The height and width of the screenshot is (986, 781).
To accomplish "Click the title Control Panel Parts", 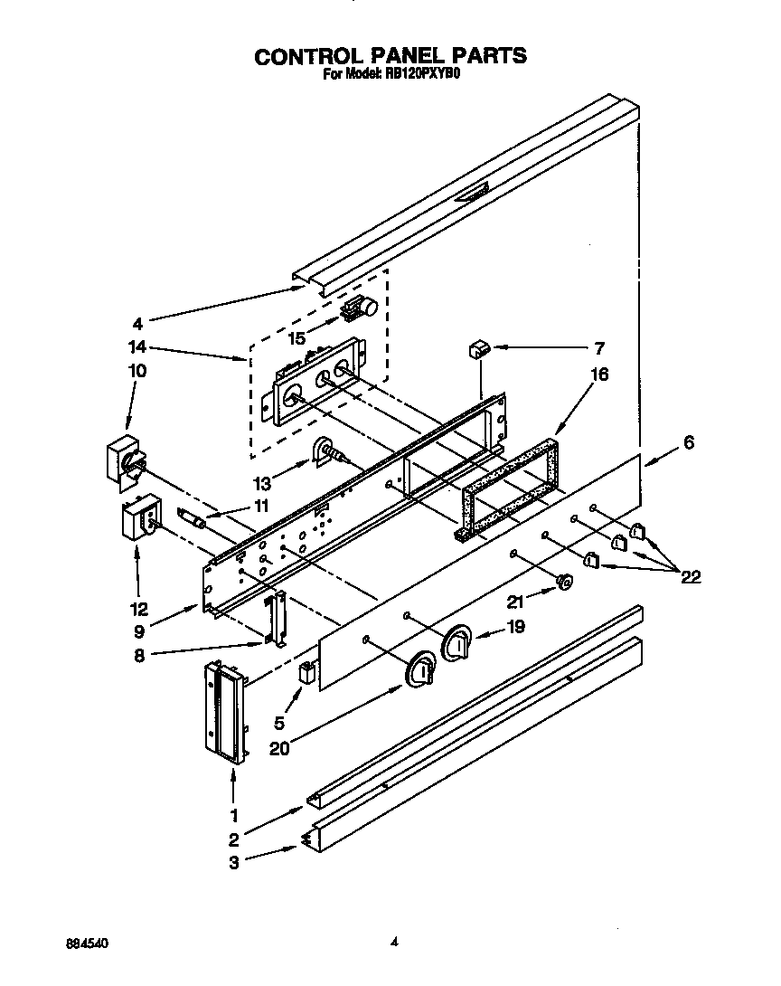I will pyautogui.click(x=390, y=55).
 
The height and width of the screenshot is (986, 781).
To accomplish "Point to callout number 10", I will pyautogui.click(x=138, y=371).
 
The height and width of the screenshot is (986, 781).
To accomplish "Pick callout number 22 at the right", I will pyautogui.click(x=691, y=577).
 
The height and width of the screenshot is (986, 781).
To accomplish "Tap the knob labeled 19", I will pyautogui.click(x=459, y=644).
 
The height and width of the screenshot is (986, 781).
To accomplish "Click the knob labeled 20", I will pyautogui.click(x=421, y=671).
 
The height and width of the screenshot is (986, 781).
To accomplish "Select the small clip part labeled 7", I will pyautogui.click(x=478, y=349).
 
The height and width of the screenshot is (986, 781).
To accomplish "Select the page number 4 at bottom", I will pyautogui.click(x=394, y=942).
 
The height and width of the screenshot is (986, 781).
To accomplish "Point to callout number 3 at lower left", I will pyautogui.click(x=233, y=863).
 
